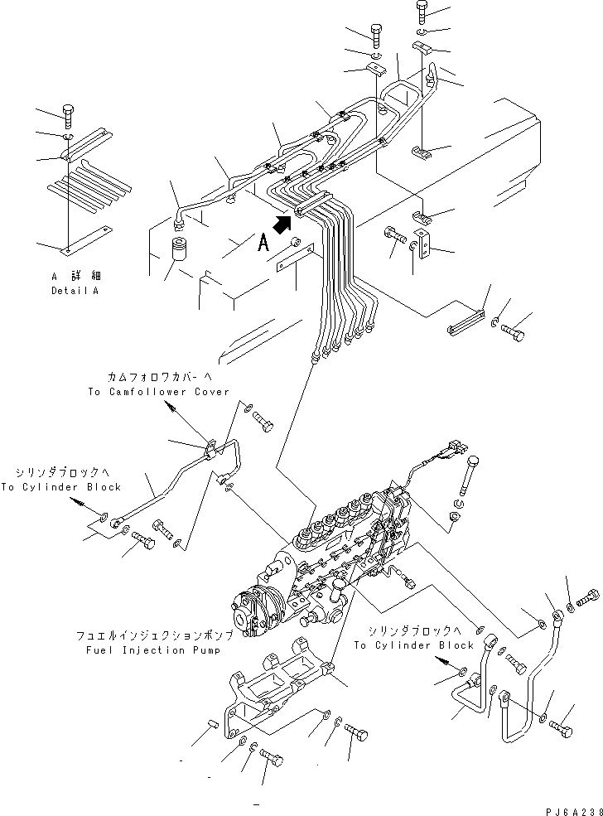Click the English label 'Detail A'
[x=75, y=291]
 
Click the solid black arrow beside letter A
[x=282, y=225]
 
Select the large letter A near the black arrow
[x=263, y=243]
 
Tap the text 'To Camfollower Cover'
[x=159, y=392]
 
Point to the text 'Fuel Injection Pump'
[x=153, y=650]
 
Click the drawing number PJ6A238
[x=574, y=811]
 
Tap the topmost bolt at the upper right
[x=422, y=12]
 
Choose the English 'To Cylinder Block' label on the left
[x=60, y=487]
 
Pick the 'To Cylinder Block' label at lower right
[x=414, y=645]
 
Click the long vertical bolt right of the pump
[x=466, y=476]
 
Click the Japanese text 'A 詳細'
[x=76, y=276]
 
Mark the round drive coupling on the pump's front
[x=251, y=612]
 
